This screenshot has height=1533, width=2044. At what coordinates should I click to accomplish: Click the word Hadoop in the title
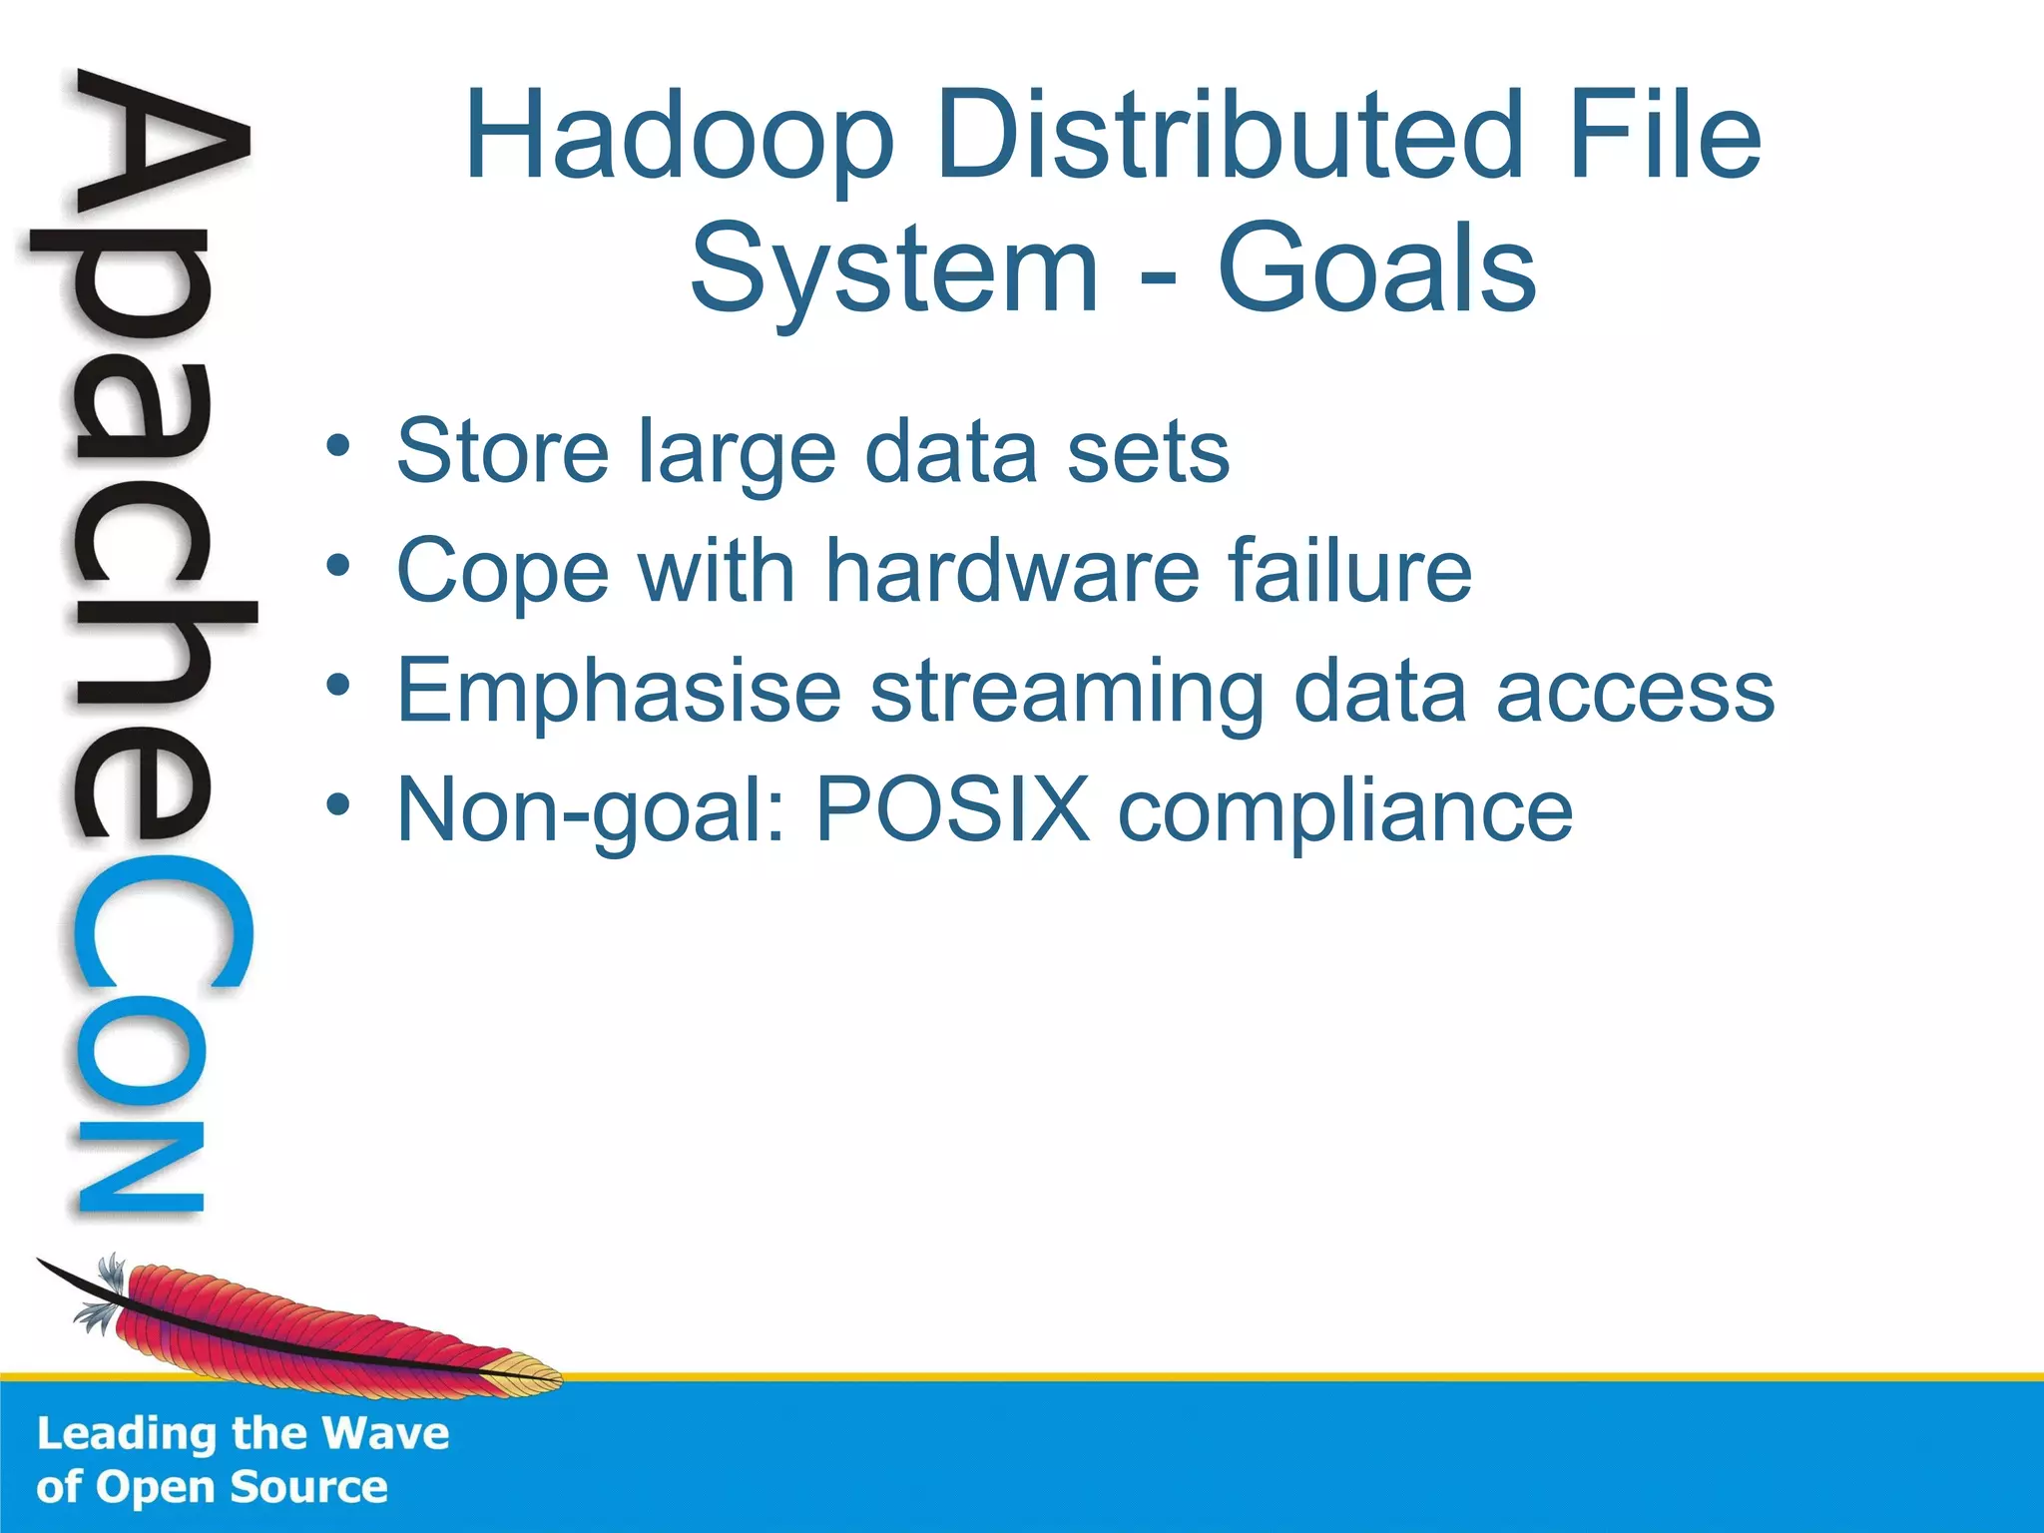click(x=679, y=137)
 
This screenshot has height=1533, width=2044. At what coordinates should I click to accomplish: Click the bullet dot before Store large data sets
click(x=338, y=446)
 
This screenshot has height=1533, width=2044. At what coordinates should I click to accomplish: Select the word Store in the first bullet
click(x=502, y=452)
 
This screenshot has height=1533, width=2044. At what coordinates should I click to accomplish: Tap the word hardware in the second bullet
click(x=1012, y=571)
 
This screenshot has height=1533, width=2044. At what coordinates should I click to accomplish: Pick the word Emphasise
click(x=619, y=692)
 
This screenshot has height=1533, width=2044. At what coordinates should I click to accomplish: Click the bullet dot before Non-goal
click(x=338, y=804)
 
